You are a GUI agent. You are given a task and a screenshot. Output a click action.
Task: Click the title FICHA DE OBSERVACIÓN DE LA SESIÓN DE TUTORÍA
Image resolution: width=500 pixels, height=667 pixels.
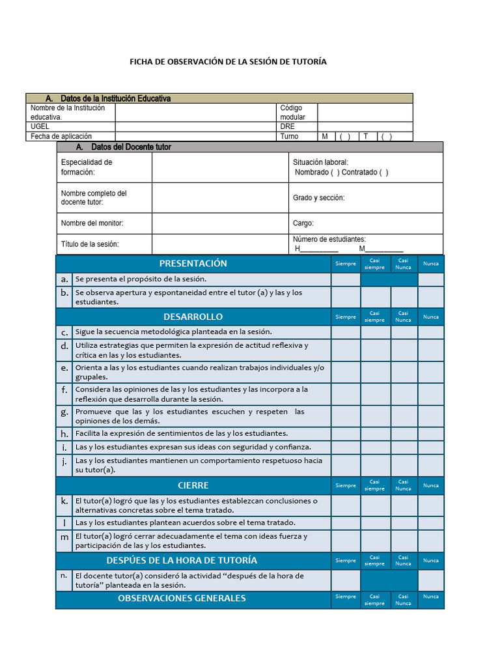(x=228, y=62)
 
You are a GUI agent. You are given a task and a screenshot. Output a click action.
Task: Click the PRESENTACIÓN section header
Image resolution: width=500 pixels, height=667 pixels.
(x=193, y=263)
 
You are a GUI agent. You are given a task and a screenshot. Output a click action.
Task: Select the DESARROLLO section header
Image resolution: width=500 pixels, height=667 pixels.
(x=193, y=317)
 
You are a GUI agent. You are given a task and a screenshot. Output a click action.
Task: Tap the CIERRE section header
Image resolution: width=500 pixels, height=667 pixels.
(x=193, y=485)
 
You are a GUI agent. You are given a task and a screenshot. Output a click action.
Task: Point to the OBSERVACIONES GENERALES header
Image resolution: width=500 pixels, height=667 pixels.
(x=182, y=598)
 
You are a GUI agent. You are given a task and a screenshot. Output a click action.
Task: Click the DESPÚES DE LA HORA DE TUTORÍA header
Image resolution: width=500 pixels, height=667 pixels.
(x=182, y=560)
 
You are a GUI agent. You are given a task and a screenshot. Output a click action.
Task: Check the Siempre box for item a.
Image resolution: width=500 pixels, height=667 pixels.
(x=346, y=279)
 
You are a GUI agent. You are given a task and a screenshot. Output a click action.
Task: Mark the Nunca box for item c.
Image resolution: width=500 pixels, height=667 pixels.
(x=430, y=332)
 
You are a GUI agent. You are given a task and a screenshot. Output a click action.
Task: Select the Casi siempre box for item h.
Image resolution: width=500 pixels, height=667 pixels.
(x=375, y=433)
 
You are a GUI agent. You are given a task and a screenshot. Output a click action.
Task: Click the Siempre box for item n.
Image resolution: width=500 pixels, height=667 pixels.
(x=346, y=580)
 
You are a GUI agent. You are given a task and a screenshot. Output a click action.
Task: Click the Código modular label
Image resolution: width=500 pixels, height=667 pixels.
(x=292, y=112)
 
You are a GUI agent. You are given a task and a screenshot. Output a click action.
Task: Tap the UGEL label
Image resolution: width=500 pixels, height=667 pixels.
(x=40, y=126)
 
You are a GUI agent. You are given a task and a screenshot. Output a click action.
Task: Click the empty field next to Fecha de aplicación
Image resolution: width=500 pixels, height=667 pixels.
(x=195, y=136)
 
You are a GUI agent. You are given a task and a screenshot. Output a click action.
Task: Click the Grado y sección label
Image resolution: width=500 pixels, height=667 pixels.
(x=318, y=197)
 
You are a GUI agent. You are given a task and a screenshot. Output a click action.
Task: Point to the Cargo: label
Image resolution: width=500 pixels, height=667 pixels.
(x=303, y=223)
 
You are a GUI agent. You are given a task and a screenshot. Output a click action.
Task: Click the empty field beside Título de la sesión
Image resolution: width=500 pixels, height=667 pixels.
(x=220, y=244)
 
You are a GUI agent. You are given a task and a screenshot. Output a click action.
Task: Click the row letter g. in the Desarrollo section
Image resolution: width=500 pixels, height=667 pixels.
(x=64, y=412)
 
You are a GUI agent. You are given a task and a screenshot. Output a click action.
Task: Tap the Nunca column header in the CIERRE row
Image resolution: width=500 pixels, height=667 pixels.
(x=430, y=485)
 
